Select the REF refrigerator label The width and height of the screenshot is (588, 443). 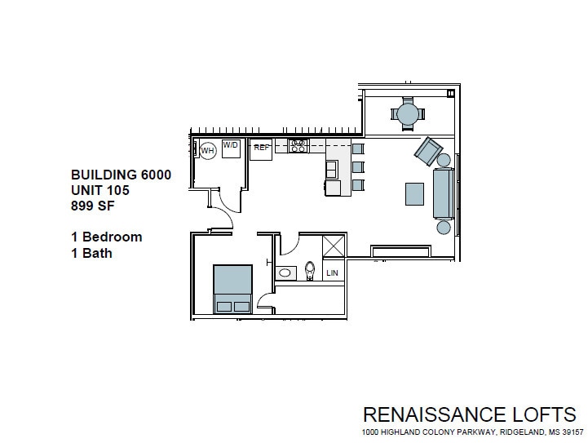(x=261, y=148)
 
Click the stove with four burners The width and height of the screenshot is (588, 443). (x=299, y=146)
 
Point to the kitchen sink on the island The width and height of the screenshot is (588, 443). (x=332, y=169)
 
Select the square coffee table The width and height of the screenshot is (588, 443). (x=414, y=193)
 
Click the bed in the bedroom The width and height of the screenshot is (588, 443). (x=232, y=289)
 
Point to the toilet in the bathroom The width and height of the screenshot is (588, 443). (x=310, y=270)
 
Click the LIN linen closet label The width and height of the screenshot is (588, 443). (x=332, y=273)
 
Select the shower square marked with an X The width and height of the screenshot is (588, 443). (x=334, y=247)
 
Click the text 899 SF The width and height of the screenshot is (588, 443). (x=94, y=206)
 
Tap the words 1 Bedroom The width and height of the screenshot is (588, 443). (x=107, y=237)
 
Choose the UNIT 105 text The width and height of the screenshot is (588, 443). (x=100, y=190)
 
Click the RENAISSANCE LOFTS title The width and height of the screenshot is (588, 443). (x=469, y=414)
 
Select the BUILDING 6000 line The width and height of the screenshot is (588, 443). (x=121, y=175)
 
